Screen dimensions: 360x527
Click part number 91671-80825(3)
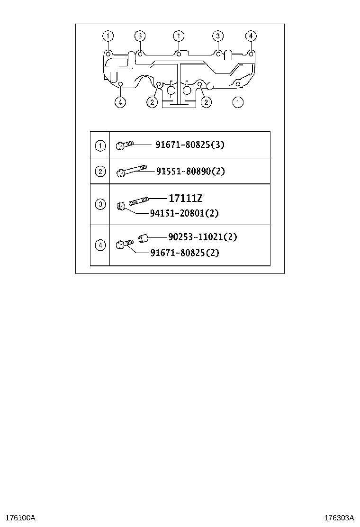(190, 145)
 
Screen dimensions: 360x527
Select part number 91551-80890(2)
(190, 172)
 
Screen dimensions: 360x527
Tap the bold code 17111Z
(185, 198)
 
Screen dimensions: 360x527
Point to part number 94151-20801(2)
(184, 213)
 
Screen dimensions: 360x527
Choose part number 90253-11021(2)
(203, 237)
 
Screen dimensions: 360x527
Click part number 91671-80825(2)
(185, 253)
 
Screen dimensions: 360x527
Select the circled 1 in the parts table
(100, 146)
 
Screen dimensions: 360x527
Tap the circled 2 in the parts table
(100, 172)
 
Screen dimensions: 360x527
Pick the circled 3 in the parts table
(100, 204)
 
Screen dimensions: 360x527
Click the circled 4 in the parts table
(100, 245)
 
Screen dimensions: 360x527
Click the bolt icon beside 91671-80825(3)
(125, 145)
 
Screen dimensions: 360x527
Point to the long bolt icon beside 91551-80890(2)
(131, 171)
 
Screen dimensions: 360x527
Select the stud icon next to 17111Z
(138, 201)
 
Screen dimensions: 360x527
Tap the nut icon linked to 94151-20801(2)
(122, 206)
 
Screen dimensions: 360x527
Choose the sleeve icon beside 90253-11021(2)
(144, 238)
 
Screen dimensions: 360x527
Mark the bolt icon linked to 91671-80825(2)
(125, 245)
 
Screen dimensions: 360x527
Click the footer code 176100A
(20, 518)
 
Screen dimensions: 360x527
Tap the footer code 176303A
(339, 518)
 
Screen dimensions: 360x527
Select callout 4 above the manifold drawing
(251, 36)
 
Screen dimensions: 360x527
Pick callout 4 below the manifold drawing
(120, 102)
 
